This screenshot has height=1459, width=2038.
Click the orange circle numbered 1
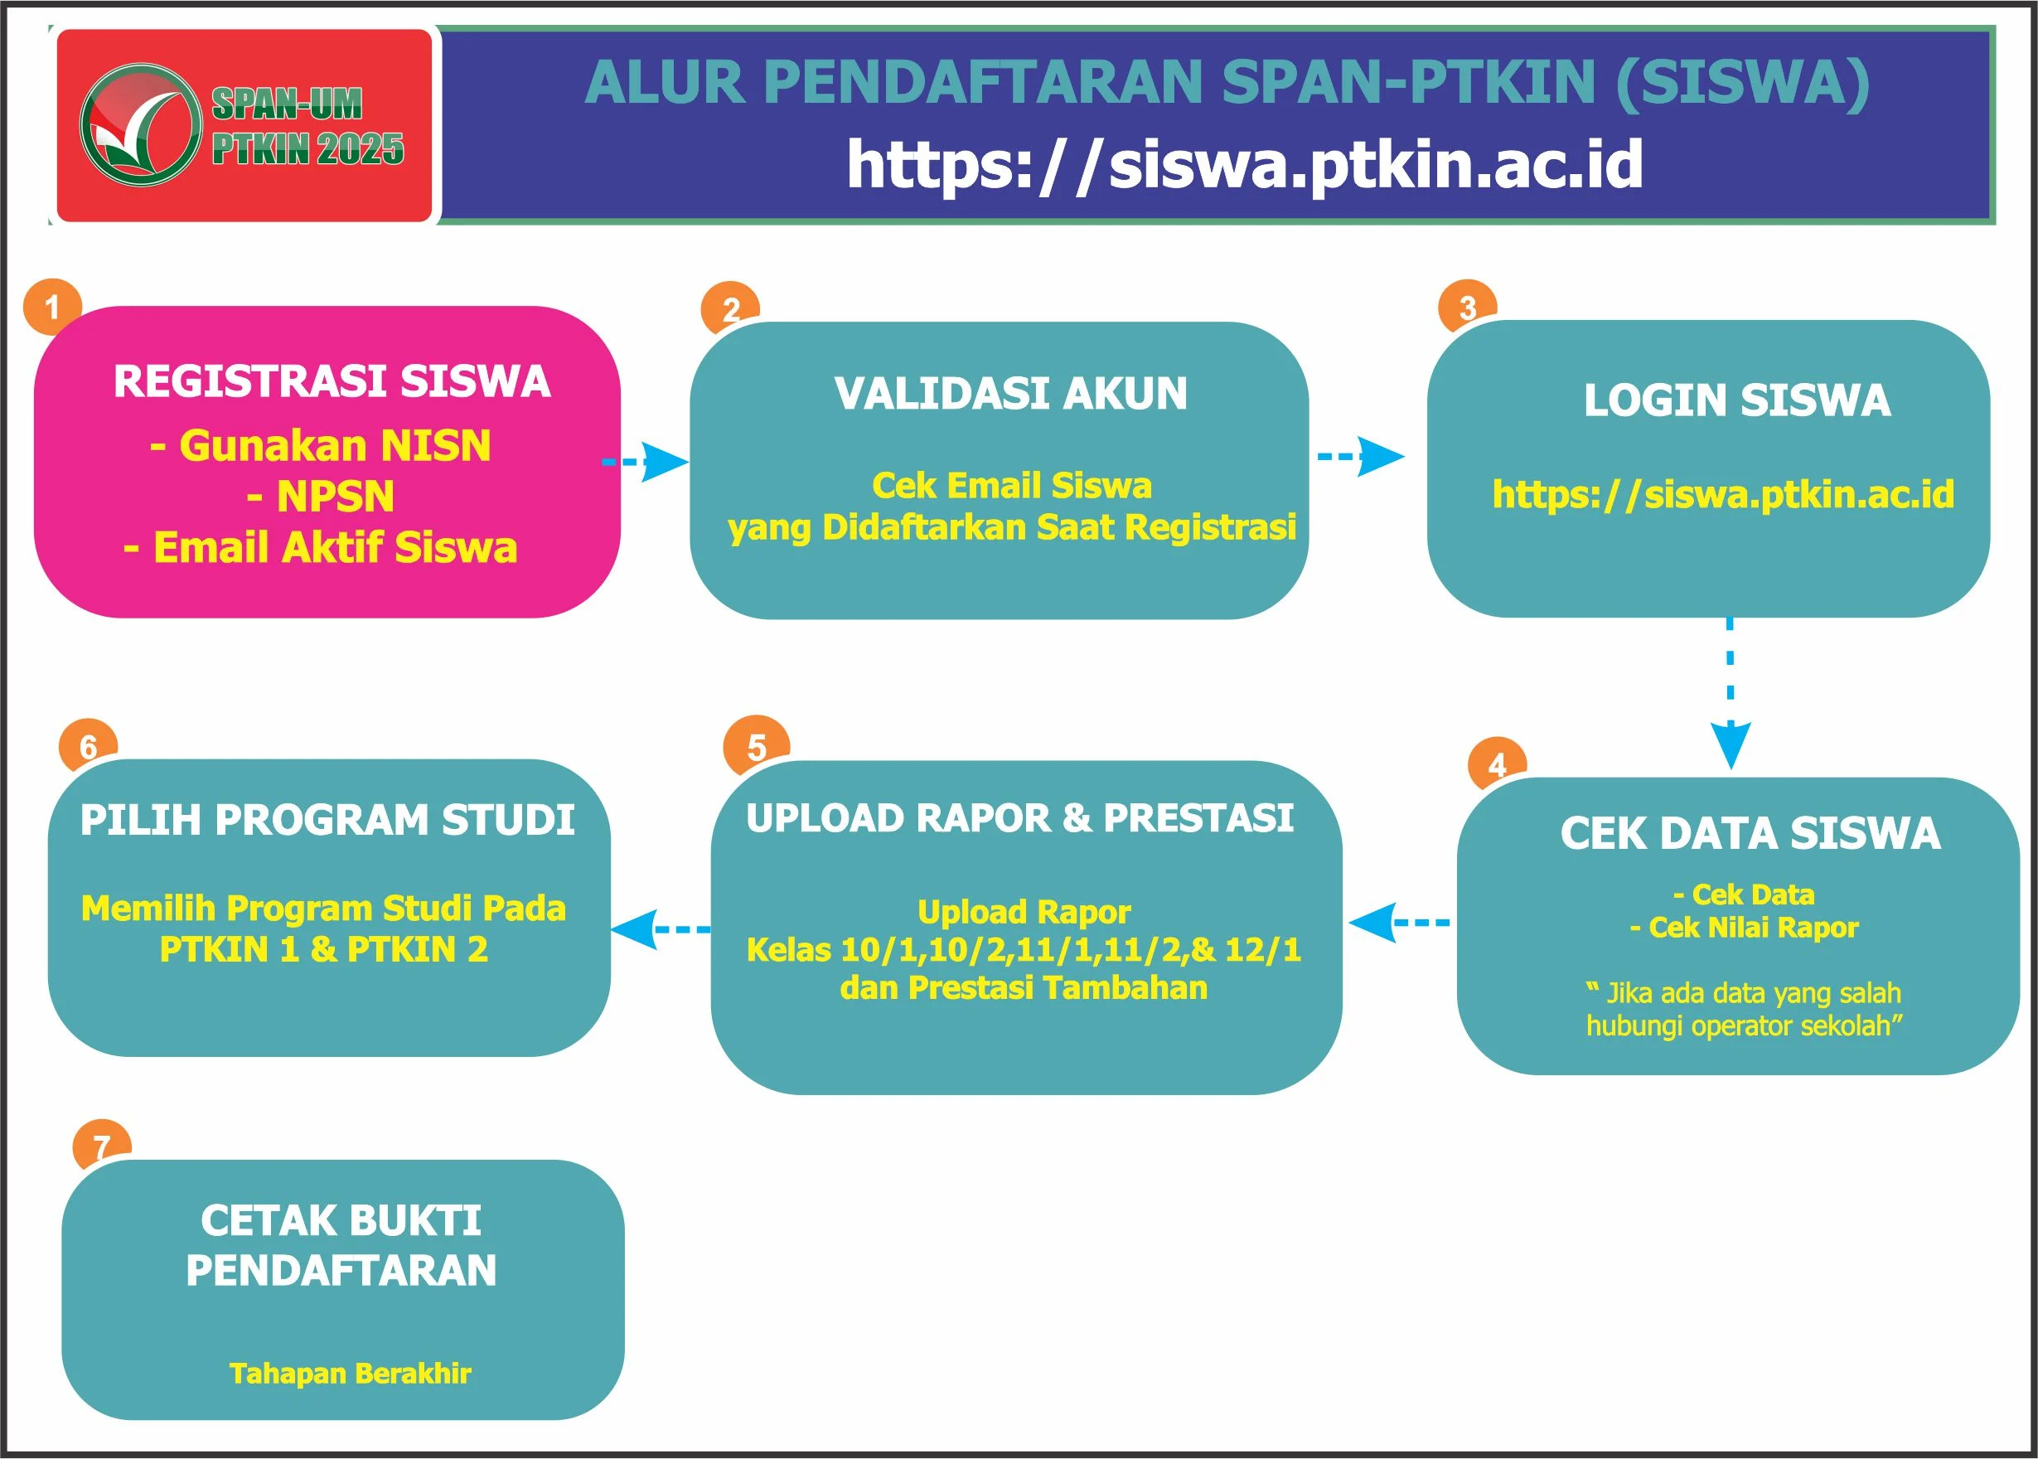52,307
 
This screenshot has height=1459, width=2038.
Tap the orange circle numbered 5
757,746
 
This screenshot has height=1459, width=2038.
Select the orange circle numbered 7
101,1146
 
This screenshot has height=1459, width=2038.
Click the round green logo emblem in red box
140,125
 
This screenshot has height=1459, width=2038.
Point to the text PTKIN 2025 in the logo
307,149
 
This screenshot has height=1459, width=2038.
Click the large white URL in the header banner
1244,164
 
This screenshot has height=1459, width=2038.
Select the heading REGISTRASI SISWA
332,381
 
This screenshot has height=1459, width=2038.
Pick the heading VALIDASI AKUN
1010,394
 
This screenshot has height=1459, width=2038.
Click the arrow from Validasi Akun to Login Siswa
1360,457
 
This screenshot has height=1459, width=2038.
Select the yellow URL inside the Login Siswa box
1722,494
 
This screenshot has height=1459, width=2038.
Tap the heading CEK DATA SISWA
1750,833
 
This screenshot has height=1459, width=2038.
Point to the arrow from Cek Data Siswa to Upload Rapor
1397,923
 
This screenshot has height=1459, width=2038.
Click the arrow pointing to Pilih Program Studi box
659,929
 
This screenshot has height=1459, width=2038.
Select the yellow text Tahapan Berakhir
351,1374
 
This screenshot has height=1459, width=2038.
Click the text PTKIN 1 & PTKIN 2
323,950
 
